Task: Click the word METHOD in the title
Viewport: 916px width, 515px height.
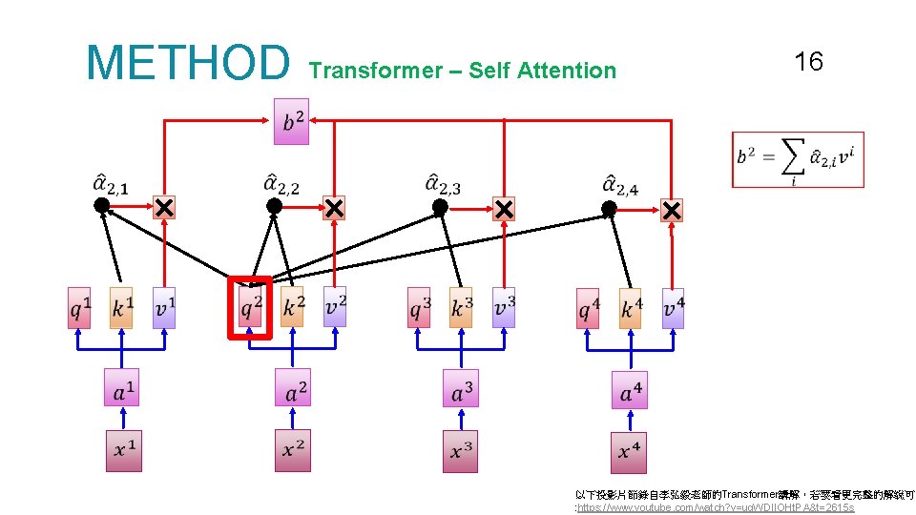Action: [x=187, y=62]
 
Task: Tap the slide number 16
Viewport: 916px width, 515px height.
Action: [x=808, y=63]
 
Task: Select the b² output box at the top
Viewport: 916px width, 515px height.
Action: [x=291, y=121]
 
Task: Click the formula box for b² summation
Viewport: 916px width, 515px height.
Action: [x=798, y=159]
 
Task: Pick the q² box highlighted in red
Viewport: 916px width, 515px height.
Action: [x=250, y=307]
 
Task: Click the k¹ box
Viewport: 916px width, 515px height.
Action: [x=121, y=307]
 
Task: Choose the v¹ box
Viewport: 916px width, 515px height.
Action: [x=164, y=307]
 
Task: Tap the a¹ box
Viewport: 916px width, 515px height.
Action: [x=122, y=388]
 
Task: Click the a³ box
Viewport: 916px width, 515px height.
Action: [x=461, y=388]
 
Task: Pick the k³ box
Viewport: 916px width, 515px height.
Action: [x=461, y=307]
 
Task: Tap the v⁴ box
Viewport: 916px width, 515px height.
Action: [x=673, y=308]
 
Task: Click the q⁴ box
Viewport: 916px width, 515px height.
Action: [x=588, y=308]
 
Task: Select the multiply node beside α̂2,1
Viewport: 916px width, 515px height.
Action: [x=164, y=207]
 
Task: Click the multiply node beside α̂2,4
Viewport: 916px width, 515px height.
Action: [x=672, y=210]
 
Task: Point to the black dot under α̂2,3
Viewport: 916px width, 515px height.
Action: [x=440, y=206]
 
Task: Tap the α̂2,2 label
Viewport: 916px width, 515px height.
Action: [x=281, y=183]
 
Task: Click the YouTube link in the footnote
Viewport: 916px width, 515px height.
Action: [x=716, y=507]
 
